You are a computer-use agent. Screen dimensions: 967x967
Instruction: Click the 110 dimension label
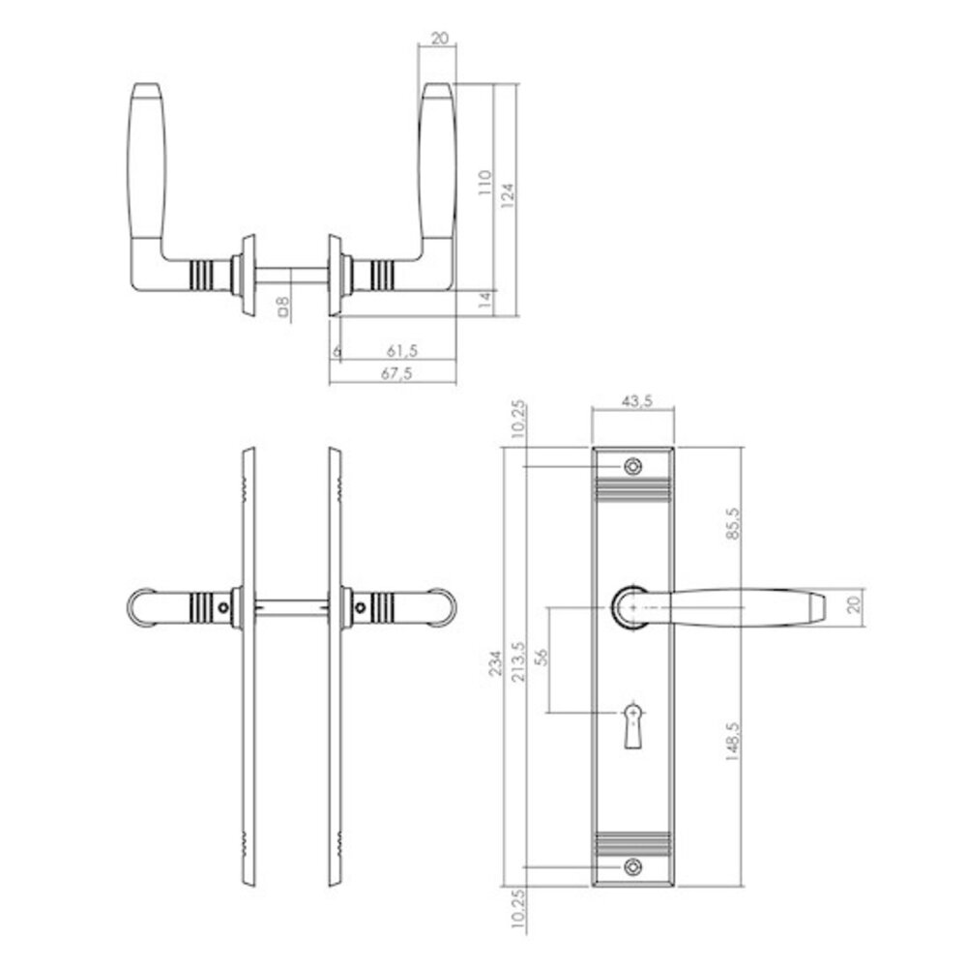[x=485, y=182]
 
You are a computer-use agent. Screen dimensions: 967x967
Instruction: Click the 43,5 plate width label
[x=632, y=399]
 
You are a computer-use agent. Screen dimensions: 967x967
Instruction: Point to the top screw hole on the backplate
[x=632, y=466]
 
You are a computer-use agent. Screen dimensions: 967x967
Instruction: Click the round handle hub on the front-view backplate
[x=630, y=606]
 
